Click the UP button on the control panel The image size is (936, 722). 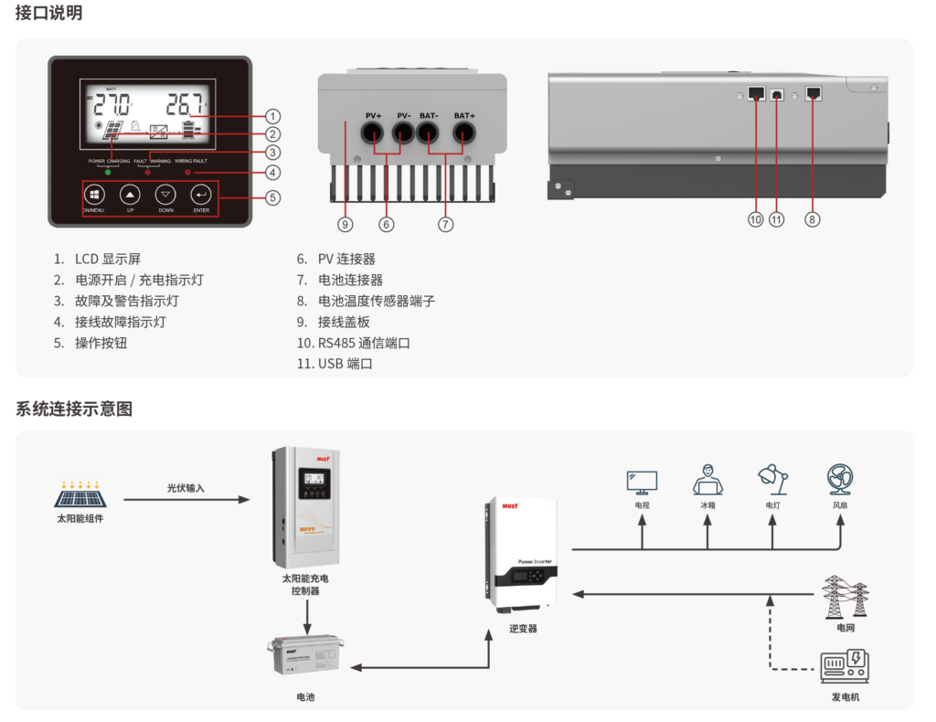(130, 195)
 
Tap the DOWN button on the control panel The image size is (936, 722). (165, 195)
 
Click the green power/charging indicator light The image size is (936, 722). (109, 172)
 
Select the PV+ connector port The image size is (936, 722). (373, 133)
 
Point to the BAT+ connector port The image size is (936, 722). (464, 133)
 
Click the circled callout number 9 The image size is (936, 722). (345, 223)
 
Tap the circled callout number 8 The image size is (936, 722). (813, 219)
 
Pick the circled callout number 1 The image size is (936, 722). (272, 116)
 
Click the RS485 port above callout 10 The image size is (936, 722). (756, 93)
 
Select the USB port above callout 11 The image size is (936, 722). (777, 94)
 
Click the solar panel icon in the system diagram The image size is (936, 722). (80, 494)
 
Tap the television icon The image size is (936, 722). (642, 482)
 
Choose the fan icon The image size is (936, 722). (839, 480)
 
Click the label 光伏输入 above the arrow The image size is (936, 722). (186, 488)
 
